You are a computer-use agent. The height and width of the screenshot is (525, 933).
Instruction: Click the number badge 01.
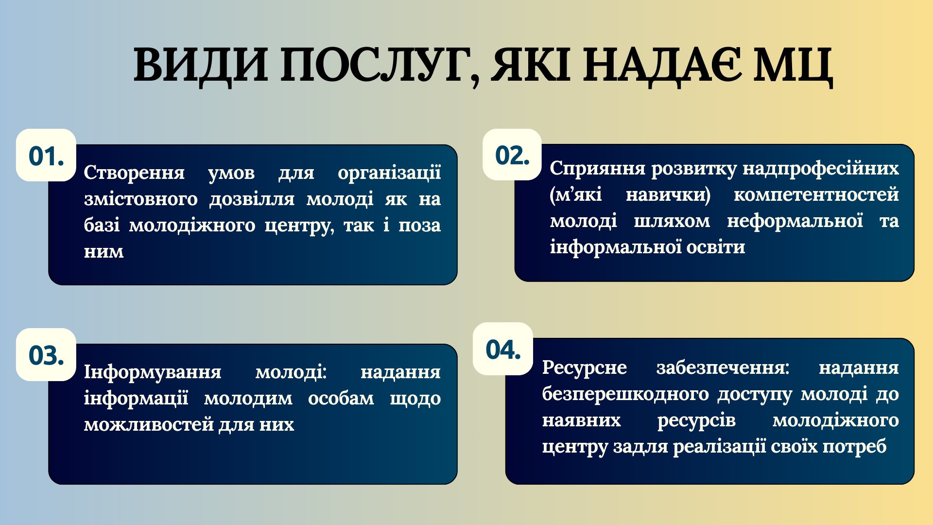point(46,155)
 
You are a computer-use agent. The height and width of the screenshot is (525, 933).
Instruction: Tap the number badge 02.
point(512,155)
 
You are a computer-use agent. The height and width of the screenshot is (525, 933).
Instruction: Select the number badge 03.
point(46,354)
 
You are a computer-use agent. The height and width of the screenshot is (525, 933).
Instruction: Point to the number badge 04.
point(503,349)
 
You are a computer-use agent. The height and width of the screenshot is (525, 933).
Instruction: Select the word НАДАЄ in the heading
point(662,65)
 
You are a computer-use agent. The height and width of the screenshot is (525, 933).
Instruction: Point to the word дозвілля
point(252,199)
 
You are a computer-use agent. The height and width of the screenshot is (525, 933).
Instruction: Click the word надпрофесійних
point(821,169)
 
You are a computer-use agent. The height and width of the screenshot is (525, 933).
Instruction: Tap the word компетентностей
point(816,195)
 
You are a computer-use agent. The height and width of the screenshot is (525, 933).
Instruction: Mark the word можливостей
point(148,425)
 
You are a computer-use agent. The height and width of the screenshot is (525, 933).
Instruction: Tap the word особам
point(341,399)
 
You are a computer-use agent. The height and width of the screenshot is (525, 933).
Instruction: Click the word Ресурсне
point(584,368)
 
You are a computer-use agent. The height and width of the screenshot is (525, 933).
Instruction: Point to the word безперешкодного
point(625,395)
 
